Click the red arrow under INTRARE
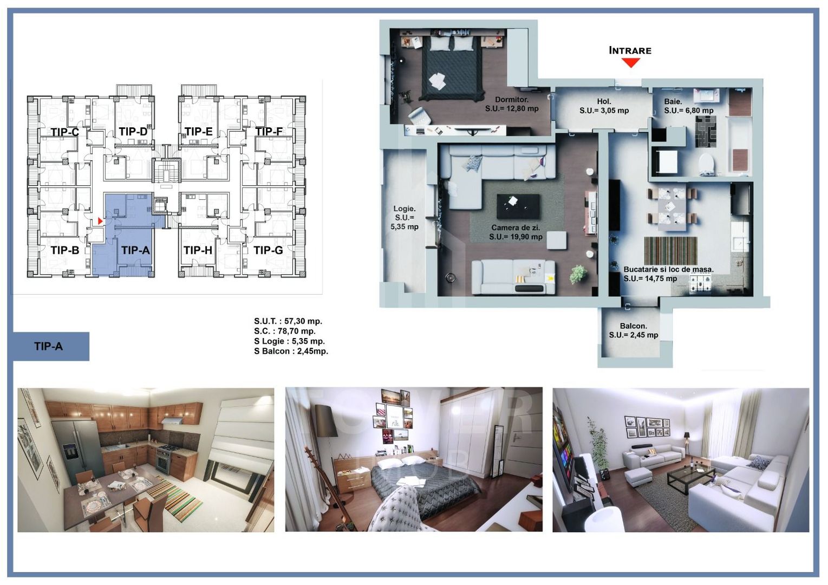630,62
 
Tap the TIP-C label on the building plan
65,132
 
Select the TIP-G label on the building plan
268,250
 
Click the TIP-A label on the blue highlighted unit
135,250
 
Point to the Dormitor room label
512,100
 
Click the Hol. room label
604,101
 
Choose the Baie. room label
673,101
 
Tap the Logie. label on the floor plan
405,209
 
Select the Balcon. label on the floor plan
634,326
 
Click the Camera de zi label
516,228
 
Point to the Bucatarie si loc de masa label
668,269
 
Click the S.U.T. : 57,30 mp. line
288,321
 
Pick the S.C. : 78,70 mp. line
285,331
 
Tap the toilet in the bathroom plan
706,164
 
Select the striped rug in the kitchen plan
670,250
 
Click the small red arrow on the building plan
100,221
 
